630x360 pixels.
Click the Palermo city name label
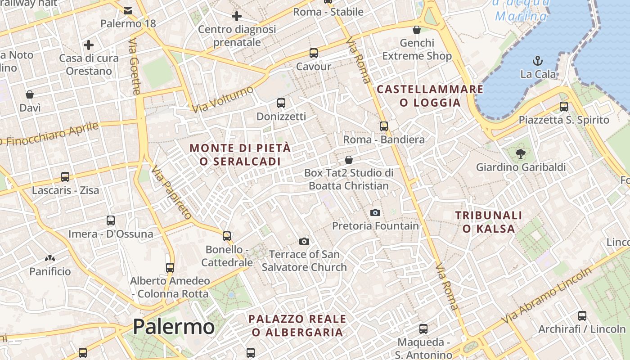point(174,326)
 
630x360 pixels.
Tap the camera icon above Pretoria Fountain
point(375,212)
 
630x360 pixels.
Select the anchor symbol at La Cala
point(537,60)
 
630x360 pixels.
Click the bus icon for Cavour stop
point(314,53)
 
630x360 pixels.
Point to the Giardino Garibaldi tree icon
point(521,153)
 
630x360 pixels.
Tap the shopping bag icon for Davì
point(30,94)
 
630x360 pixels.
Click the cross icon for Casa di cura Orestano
point(89,45)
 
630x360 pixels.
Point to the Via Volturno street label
point(223,99)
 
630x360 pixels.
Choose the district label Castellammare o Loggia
point(430,96)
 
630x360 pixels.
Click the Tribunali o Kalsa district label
point(489,222)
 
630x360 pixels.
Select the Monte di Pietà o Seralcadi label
point(240,154)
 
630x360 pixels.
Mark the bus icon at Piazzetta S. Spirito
point(564,107)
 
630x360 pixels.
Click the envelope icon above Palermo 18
point(128,10)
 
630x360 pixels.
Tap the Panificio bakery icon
point(50,258)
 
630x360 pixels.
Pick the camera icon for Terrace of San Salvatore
point(304,241)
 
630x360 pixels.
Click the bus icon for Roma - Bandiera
point(384,126)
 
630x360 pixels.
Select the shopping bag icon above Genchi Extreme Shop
point(417,30)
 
